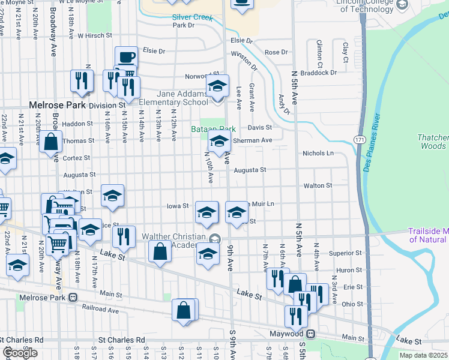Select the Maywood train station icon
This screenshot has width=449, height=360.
click(x=310, y=334)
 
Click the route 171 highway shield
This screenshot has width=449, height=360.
click(x=359, y=139)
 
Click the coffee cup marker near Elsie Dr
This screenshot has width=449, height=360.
click(x=126, y=57)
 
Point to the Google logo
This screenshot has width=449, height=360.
click(x=20, y=353)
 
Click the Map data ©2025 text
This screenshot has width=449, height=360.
click(x=423, y=355)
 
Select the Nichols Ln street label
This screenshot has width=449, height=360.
click(x=318, y=153)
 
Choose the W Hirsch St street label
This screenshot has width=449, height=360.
click(x=95, y=36)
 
